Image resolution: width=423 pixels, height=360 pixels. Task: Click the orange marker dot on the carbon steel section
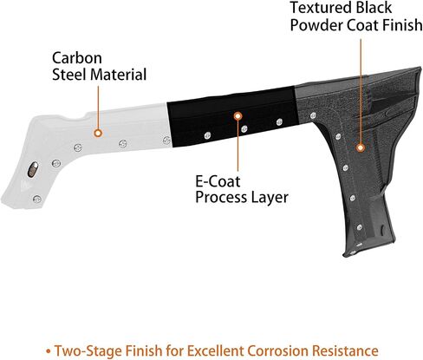98,133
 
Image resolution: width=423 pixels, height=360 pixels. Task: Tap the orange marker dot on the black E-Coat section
238,116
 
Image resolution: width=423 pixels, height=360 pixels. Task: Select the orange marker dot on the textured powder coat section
360,148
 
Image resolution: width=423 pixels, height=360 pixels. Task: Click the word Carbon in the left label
77,58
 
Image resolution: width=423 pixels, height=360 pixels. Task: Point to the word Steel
69,75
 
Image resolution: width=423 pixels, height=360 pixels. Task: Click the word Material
119,75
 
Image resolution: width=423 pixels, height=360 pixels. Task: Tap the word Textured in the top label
321,8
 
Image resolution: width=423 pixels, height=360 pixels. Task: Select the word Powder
316,25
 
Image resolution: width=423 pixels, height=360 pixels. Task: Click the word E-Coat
218,181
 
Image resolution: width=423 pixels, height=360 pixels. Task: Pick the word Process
221,198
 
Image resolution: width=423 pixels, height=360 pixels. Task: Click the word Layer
270,198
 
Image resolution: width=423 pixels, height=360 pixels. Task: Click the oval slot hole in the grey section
33,169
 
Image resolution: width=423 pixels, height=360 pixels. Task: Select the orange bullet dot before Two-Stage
49,351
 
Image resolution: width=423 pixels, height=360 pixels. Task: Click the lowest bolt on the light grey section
36,199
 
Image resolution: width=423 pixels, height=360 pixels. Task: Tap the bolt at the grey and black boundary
166,141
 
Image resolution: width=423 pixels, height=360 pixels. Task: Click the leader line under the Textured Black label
361,92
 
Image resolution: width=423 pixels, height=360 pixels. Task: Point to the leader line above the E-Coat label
238,146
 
